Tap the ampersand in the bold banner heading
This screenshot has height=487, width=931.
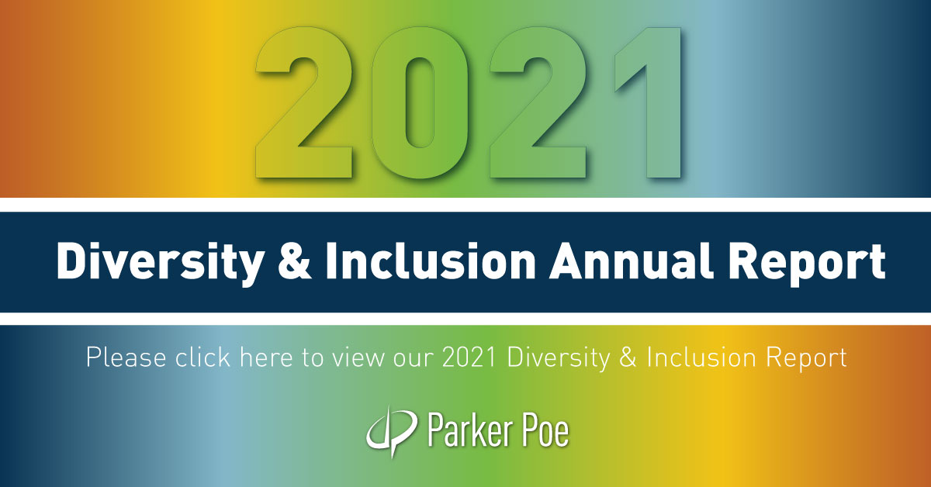pos(295,261)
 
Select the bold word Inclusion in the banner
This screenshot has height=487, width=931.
pos(431,261)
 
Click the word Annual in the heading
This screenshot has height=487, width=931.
pos(631,261)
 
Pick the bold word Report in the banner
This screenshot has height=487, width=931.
pos(807,264)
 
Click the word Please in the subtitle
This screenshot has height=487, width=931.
pos(126,357)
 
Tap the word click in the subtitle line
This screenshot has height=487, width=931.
pos(202,357)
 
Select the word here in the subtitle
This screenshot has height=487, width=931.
pos(266,357)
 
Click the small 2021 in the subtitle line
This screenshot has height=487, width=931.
pos(469,357)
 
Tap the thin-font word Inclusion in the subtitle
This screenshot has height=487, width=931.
pos(701,357)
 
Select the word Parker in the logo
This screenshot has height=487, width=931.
pos(469,430)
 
